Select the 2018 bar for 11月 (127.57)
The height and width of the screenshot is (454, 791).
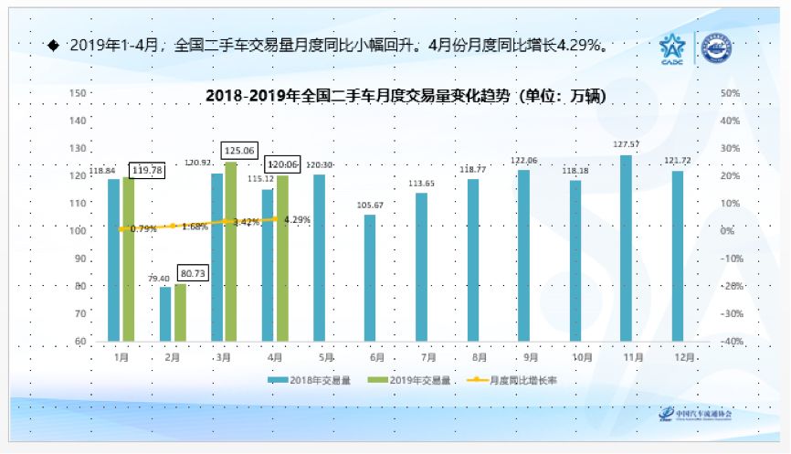click(626, 248)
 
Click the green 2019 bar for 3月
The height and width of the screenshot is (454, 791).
click(230, 252)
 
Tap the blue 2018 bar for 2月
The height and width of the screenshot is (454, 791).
click(165, 314)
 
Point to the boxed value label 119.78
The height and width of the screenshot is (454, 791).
click(146, 170)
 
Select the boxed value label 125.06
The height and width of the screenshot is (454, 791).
click(239, 151)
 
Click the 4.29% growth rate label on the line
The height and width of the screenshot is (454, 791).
click(297, 219)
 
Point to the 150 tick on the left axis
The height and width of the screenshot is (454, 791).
click(78, 93)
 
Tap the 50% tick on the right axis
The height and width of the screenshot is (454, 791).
click(730, 93)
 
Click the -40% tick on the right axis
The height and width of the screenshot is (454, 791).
click(731, 342)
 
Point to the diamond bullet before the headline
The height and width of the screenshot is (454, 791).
click(52, 44)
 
